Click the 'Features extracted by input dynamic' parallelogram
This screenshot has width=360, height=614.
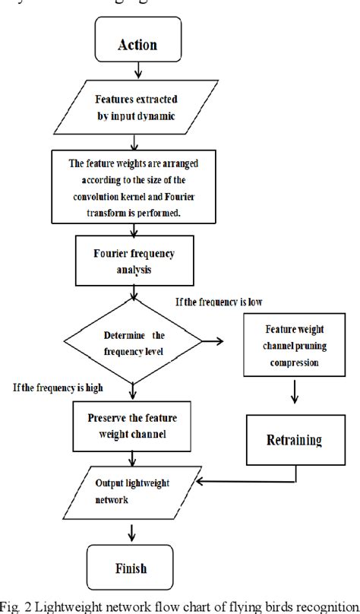134,107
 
